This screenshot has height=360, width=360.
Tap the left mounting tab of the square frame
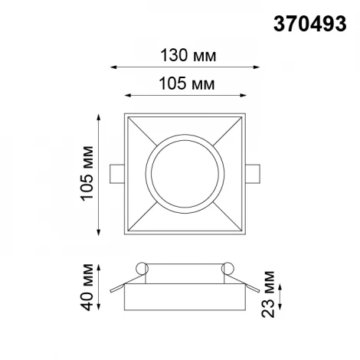click(115, 175)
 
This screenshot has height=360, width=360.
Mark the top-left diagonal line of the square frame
click(138, 130)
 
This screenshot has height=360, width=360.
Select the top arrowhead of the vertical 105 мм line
click(100, 116)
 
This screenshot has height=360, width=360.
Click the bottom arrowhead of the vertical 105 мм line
click(100, 234)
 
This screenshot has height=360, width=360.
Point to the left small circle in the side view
click(141, 267)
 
